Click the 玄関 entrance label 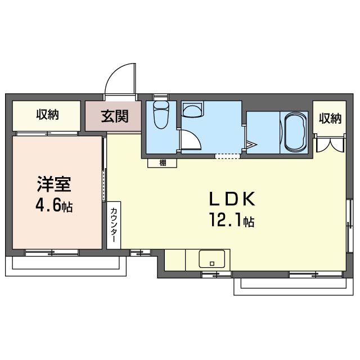114,116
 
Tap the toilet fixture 161,115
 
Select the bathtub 296,132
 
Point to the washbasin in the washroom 192,110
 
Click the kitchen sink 211,259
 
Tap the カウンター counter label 114,225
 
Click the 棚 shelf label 163,163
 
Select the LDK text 232,199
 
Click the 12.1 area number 226,220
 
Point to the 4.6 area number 49,205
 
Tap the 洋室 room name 54,184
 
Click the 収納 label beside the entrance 47,114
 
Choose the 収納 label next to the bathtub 330,118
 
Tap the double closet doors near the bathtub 330,144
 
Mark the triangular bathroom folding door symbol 251,145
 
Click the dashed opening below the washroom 227,156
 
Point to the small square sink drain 212,263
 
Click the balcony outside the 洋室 66,266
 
